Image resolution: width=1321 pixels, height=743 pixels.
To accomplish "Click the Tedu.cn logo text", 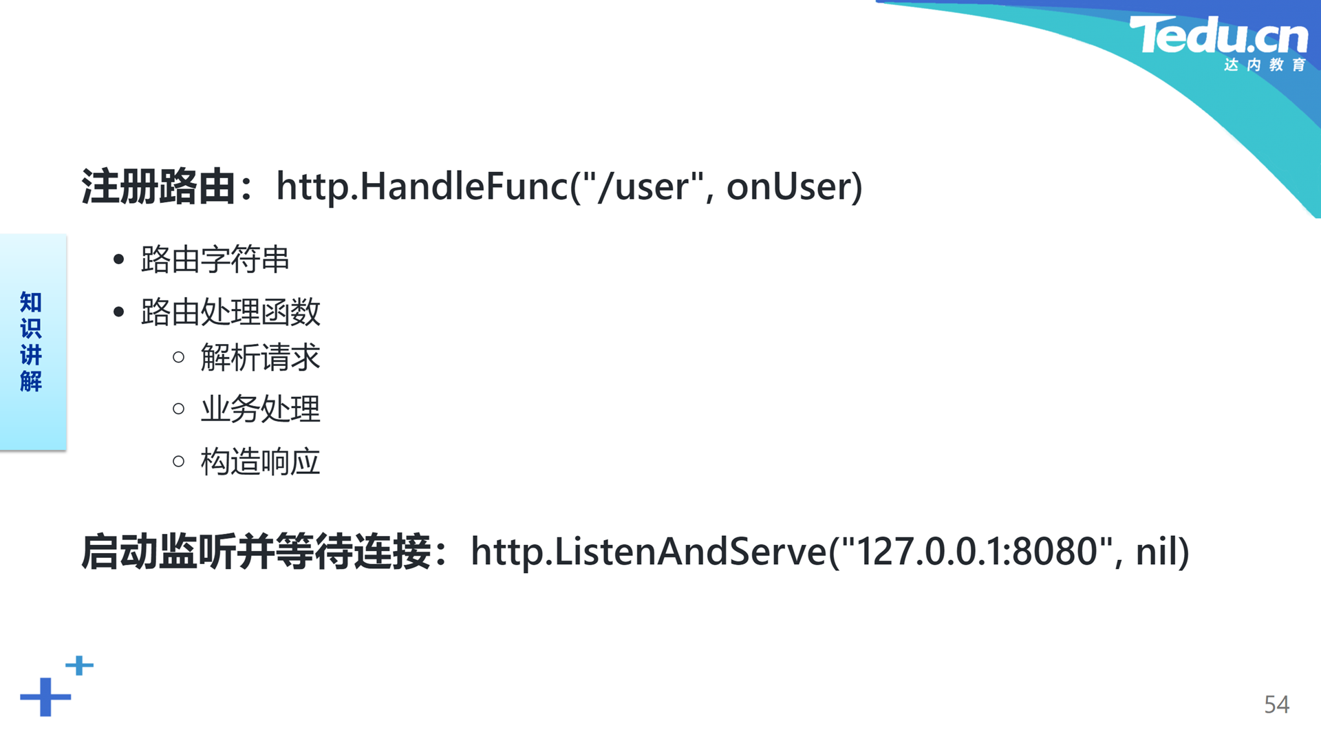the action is tap(1218, 35).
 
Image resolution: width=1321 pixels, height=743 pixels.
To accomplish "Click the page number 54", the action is tap(1276, 704).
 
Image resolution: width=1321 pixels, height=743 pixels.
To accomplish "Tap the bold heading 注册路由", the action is tap(159, 186).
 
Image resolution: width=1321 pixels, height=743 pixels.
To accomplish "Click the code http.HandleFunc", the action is tap(422, 186).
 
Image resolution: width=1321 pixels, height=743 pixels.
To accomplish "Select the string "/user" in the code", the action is tap(643, 186).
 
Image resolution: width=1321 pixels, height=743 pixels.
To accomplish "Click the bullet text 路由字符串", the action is tap(215, 259).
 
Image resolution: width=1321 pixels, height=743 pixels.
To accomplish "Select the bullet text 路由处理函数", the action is tap(230, 312).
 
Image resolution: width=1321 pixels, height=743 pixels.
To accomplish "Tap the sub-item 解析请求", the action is tap(260, 357).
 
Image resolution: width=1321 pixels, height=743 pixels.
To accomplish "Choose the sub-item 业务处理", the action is tap(260, 409).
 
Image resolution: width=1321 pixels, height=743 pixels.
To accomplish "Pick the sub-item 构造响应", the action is tap(260, 462).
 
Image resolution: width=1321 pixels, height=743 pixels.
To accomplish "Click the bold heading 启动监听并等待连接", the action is tap(256, 552).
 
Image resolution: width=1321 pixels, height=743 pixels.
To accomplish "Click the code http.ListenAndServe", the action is tap(649, 552).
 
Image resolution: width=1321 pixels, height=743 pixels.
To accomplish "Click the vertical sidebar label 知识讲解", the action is tap(31, 342).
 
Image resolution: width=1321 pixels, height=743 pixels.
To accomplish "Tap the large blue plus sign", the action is tap(45, 697).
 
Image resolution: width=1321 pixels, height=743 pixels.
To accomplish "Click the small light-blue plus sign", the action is tap(80, 665).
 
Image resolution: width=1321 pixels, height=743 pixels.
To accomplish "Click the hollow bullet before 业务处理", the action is tap(179, 409).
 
